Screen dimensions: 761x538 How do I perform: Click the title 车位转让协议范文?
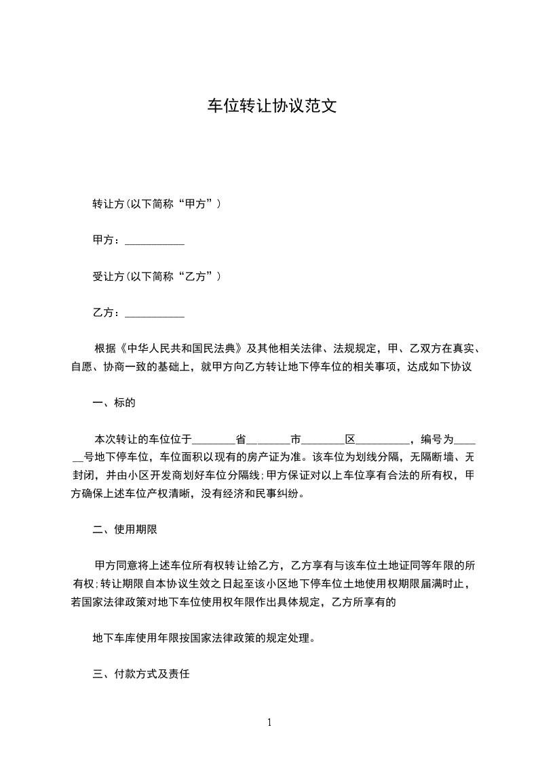click(271, 107)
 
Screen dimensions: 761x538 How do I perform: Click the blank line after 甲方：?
click(155, 240)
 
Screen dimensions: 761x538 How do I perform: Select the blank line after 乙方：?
click(155, 313)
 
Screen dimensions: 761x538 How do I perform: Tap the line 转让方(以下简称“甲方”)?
click(157, 203)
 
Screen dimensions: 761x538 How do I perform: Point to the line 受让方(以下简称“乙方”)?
click(157, 277)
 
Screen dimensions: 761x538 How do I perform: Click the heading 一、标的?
click(114, 403)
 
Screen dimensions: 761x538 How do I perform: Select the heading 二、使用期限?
click(126, 529)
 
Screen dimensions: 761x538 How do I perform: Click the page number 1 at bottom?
click(269, 722)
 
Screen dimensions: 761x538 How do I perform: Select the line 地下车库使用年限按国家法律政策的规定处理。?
click(204, 638)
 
